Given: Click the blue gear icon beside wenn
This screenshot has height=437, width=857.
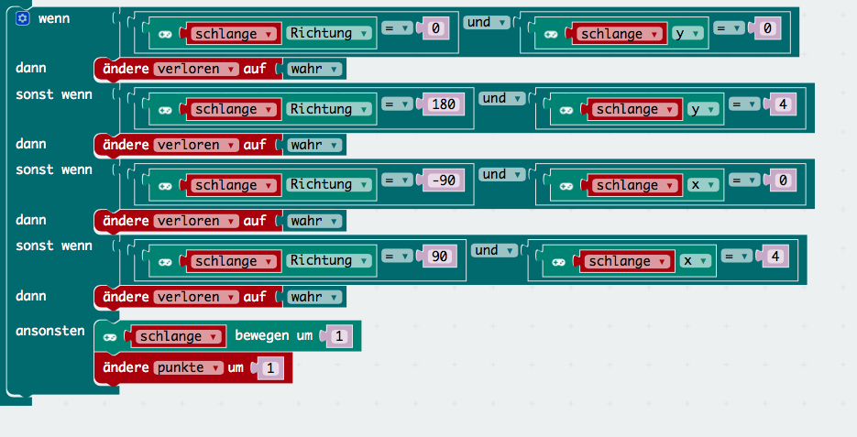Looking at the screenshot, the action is (23, 18).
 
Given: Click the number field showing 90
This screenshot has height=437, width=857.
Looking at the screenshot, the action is (439, 257).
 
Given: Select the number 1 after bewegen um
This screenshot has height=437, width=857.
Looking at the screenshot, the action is (338, 337).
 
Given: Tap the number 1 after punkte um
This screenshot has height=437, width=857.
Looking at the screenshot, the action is (271, 369).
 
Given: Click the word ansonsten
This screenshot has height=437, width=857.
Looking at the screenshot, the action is (49, 331).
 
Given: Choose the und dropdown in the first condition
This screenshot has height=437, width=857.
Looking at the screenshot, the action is (485, 22).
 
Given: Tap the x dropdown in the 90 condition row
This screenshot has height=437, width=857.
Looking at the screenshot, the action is (696, 261).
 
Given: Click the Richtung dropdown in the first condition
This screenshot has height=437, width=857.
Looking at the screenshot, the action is (330, 33).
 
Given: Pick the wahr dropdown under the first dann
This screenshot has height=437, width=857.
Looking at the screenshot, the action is (314, 69).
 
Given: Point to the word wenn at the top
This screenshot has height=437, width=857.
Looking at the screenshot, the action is (54, 18).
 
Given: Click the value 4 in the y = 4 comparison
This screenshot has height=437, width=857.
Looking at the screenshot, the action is (781, 105).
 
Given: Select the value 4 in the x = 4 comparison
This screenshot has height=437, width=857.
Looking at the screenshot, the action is (774, 257).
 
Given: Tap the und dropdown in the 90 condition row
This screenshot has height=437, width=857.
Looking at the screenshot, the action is (492, 250).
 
